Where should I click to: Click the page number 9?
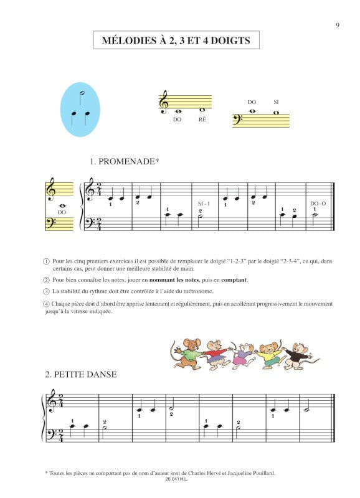[336, 25]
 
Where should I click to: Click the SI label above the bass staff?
[276, 102]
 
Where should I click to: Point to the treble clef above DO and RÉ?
[164, 101]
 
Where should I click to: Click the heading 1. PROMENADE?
[124, 162]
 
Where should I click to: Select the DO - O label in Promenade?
[316, 204]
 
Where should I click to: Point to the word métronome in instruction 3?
[207, 291]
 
